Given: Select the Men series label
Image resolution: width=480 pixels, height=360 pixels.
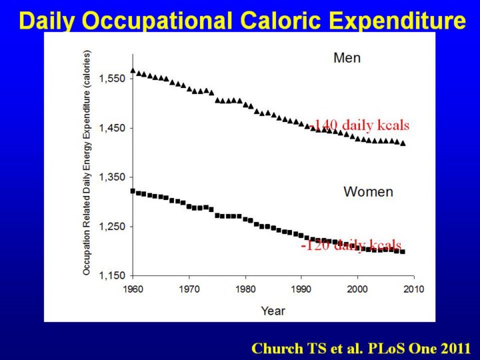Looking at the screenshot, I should (347, 58).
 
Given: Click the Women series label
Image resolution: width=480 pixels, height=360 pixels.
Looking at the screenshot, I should (368, 192).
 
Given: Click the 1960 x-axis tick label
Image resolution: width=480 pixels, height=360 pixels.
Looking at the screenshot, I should (133, 289).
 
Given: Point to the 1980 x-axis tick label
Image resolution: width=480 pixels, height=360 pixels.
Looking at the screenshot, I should (245, 289).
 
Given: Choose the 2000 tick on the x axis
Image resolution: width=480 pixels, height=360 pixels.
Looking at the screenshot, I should (358, 289).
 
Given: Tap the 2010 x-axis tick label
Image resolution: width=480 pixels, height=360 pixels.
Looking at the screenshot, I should (414, 289).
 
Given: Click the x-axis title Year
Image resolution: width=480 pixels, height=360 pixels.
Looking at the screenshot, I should (273, 311).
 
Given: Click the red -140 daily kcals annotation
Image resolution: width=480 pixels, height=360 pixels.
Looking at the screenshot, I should (359, 125).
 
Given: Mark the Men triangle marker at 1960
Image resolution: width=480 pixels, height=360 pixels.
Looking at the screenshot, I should (133, 71).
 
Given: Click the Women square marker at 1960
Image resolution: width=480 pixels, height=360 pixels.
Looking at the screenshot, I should (133, 191).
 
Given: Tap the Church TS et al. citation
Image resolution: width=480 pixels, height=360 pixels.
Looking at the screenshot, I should (361, 348).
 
